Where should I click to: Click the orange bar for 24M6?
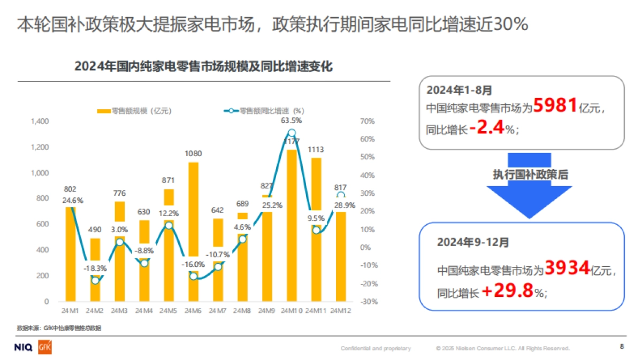(193, 214)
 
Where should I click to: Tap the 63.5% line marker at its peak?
(291, 133)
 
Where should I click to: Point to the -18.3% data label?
(94, 269)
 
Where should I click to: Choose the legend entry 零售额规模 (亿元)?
(134, 111)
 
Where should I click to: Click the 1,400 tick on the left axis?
(40, 121)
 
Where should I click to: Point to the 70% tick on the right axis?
(368, 121)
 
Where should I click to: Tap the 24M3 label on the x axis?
(119, 311)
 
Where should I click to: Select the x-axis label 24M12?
(341, 311)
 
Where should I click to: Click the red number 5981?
(555, 106)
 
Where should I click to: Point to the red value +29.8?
(508, 292)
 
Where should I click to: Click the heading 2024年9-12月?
(473, 242)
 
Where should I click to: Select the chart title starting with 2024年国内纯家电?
(203, 67)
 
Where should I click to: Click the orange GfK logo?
(44, 348)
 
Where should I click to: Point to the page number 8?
(622, 347)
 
